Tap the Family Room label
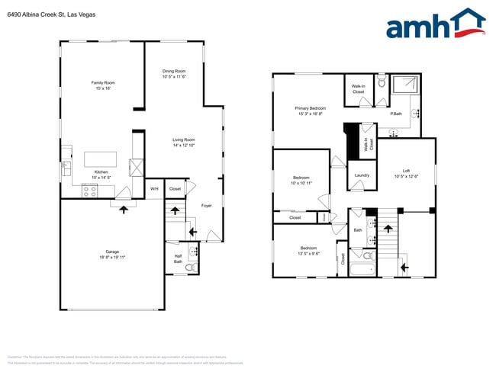103,82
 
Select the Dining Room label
174,71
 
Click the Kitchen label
102,172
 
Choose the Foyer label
206,205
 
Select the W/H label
153,188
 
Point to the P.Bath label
396,114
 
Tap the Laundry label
362,175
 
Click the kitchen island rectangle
101,159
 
